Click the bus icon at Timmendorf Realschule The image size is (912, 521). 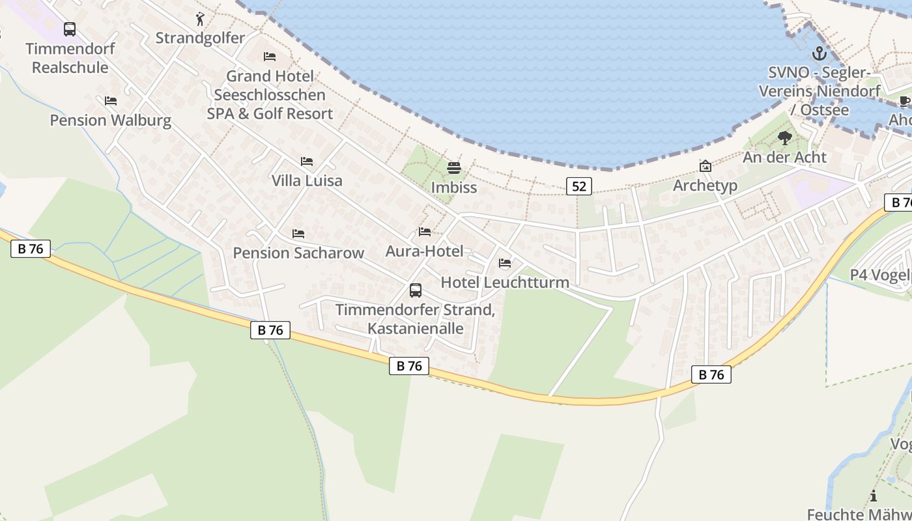pyautogui.click(x=70, y=29)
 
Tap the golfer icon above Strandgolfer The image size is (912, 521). pyautogui.click(x=200, y=19)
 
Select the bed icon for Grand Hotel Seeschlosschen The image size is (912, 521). pyautogui.click(x=270, y=57)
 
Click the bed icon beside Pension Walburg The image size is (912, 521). pyautogui.click(x=111, y=101)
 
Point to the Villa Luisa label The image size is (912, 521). pyautogui.click(x=307, y=180)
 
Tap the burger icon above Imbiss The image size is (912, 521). pyautogui.click(x=454, y=168)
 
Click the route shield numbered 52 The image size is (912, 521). pyautogui.click(x=578, y=186)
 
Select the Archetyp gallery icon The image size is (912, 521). pyautogui.click(x=705, y=166)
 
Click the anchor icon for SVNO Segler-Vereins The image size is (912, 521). pyautogui.click(x=819, y=53)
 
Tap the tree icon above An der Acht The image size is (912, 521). pyautogui.click(x=785, y=138)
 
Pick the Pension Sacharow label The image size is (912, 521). pyautogui.click(x=298, y=253)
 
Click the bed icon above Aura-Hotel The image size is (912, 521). pyautogui.click(x=425, y=232)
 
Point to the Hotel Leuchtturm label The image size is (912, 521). pyautogui.click(x=505, y=282)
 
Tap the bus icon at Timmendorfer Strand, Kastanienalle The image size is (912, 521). pyautogui.click(x=416, y=290)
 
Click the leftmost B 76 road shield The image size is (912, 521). pyautogui.click(x=30, y=248)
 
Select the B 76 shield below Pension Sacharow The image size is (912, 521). pyautogui.click(x=270, y=330)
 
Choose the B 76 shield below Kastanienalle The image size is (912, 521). pyautogui.click(x=409, y=366)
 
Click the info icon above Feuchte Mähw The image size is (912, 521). pyautogui.click(x=873, y=496)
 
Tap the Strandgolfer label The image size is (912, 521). pyautogui.click(x=200, y=38)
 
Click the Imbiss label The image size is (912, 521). pyautogui.click(x=454, y=188)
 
